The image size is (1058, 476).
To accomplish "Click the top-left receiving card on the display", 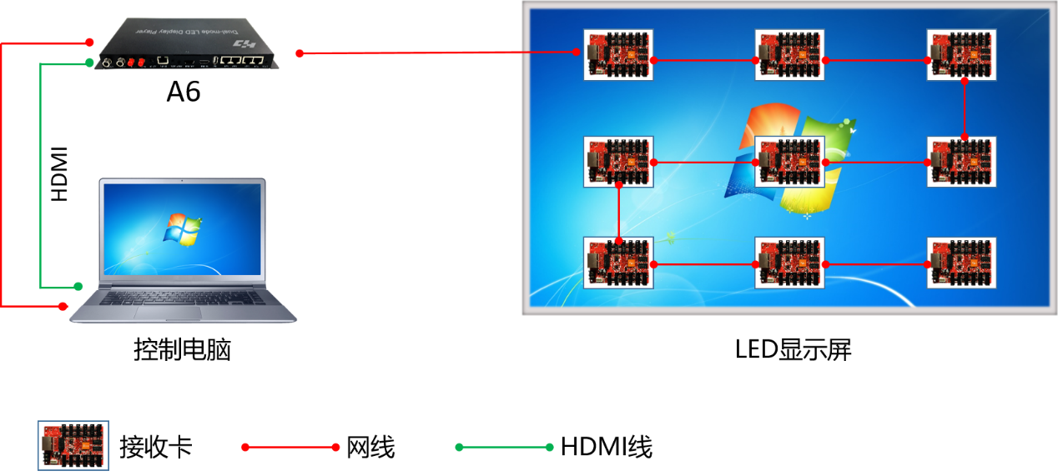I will tap(618, 55).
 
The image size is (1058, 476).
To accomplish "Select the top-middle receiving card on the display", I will tap(789, 55).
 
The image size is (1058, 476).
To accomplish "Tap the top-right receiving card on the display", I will tap(961, 55).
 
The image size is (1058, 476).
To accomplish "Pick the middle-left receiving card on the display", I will tap(618, 162).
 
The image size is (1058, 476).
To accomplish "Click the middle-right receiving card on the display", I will tap(961, 162).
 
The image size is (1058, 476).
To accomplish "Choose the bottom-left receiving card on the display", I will tap(618, 263).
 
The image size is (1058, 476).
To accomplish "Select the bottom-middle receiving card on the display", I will tap(789, 263).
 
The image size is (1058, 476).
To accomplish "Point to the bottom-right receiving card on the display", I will tap(961, 263).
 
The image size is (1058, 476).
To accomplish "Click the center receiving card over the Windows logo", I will tap(789, 162).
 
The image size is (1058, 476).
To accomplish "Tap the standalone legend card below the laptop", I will tap(73, 446).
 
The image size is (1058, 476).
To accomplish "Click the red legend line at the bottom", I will tap(290, 448).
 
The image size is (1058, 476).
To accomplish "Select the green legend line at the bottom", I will tap(504, 448).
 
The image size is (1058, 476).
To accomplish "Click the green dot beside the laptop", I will tap(78, 287).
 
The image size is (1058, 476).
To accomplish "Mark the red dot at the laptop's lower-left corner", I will tap(63, 307).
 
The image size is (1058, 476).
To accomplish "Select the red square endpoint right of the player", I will tap(300, 53).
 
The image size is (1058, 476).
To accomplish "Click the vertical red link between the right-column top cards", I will tap(965, 108).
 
